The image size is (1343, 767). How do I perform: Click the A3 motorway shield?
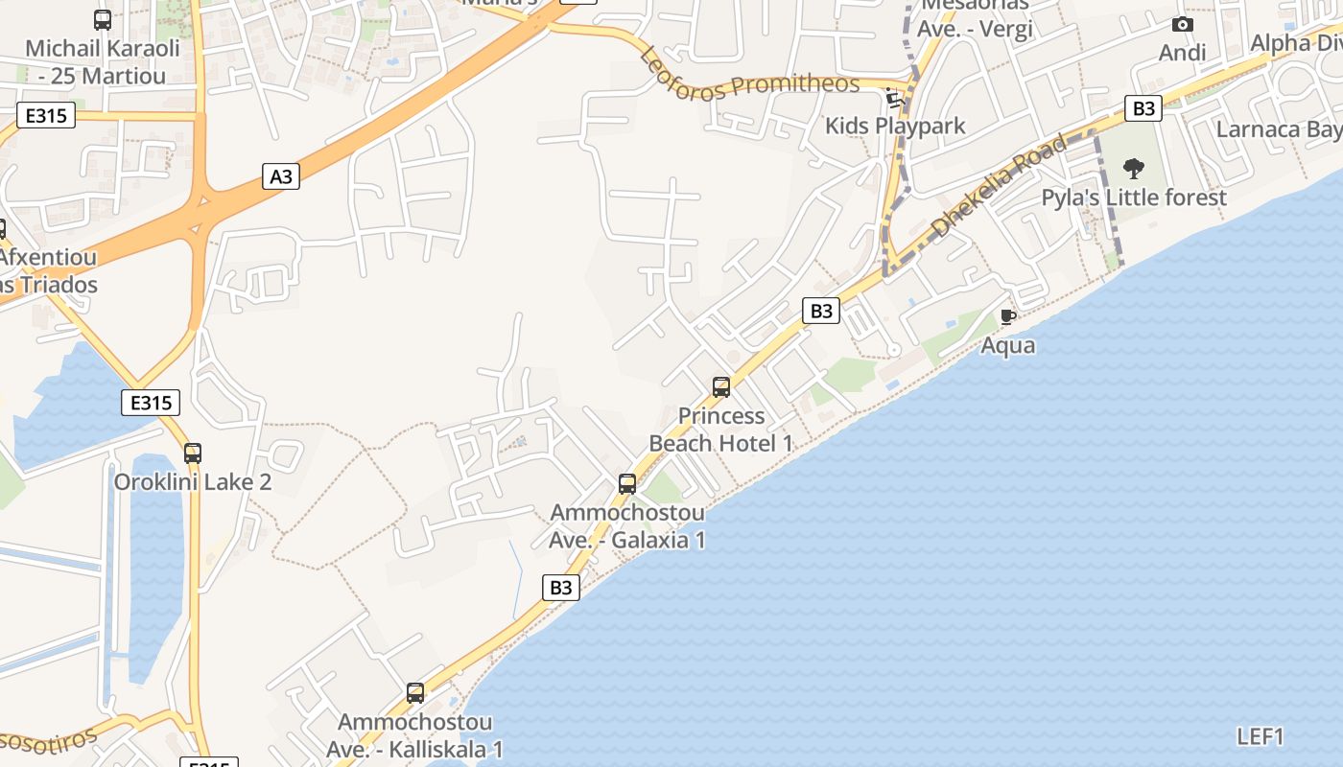(x=280, y=176)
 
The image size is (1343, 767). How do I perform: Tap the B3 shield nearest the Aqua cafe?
(x=821, y=311)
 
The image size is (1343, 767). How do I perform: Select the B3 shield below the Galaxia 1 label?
(x=561, y=588)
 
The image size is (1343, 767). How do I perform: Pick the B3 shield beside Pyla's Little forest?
(x=1143, y=108)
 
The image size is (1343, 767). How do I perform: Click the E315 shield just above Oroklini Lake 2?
(x=151, y=403)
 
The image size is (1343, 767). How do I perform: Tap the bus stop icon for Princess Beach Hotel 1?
(x=721, y=387)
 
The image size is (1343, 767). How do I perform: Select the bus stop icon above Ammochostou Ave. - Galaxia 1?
(x=627, y=484)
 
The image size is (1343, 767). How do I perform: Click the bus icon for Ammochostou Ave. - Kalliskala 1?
(x=415, y=692)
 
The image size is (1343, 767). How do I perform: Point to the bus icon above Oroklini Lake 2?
(x=193, y=453)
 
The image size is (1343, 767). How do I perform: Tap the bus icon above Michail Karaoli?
(x=103, y=19)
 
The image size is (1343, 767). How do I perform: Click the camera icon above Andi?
(x=1183, y=24)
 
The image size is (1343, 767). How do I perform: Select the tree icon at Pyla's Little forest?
(x=1134, y=170)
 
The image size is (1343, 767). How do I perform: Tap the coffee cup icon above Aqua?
(x=1007, y=316)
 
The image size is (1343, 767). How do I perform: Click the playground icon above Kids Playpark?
(x=895, y=97)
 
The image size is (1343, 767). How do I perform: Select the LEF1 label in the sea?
(x=1260, y=736)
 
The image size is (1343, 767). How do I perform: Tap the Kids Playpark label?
(x=895, y=126)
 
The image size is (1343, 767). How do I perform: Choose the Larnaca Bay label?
(x=1278, y=129)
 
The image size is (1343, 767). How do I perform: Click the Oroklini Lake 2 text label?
(x=193, y=481)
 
